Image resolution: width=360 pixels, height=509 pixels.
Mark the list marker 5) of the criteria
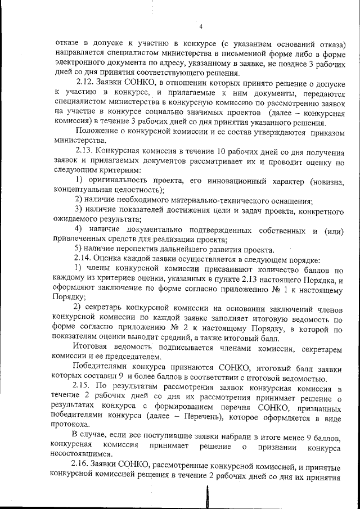pos(79,250)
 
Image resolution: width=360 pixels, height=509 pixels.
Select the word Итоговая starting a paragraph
pos(92,348)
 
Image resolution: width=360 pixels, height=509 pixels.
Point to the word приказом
pos(324,132)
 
